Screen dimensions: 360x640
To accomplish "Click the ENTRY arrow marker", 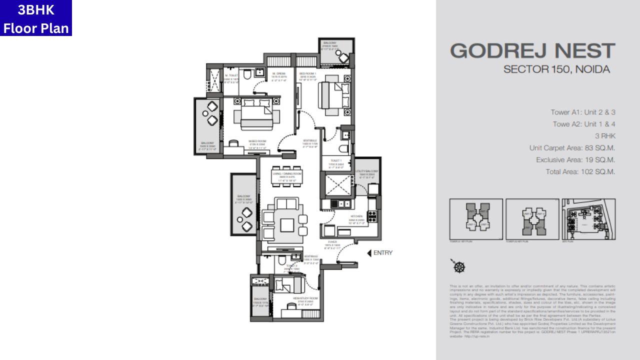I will (x=370, y=253).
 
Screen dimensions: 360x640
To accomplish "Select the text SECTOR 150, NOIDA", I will (x=556, y=69).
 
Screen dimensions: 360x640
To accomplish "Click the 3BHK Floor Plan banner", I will (x=36, y=18).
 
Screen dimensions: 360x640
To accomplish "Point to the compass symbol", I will (x=458, y=266).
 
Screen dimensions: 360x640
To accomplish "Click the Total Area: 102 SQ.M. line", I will (x=580, y=171).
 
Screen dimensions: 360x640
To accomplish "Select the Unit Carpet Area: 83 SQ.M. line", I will (x=572, y=148).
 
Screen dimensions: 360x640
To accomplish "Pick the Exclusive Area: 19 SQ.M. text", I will (x=575, y=160).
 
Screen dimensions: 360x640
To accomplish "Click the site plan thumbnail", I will (x=588, y=219).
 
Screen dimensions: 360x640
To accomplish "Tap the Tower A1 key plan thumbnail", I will (x=476, y=219).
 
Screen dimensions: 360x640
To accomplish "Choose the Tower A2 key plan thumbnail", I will (x=532, y=219).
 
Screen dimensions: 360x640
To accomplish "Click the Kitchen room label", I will (x=356, y=216).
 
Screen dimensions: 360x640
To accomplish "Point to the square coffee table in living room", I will (x=287, y=225).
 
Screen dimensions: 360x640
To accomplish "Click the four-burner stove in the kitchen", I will (x=372, y=216).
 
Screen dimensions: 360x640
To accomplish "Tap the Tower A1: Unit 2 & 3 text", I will (x=582, y=112).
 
